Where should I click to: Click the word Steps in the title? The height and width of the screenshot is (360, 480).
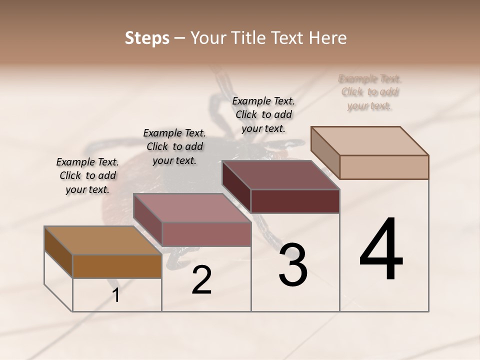(147, 38)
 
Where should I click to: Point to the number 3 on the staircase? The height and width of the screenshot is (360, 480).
(293, 265)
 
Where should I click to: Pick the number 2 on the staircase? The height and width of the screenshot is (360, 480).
(201, 280)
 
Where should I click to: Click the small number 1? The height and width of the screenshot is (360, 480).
(116, 295)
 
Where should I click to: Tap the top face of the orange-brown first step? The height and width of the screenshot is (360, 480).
(102, 240)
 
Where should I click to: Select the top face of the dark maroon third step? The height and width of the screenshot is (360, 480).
(280, 175)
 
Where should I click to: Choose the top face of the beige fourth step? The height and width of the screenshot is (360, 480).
(369, 141)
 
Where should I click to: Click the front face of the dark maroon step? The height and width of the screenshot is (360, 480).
(295, 201)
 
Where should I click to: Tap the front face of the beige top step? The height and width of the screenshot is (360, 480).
(383, 166)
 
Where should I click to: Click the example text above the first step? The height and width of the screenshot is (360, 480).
(87, 175)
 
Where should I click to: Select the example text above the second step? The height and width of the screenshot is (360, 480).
(174, 146)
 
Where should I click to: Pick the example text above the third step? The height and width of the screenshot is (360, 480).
(263, 114)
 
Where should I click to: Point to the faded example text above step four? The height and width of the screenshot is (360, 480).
(370, 92)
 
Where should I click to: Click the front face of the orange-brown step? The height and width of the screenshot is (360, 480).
(117, 266)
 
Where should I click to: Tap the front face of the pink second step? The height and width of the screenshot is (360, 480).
(206, 234)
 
